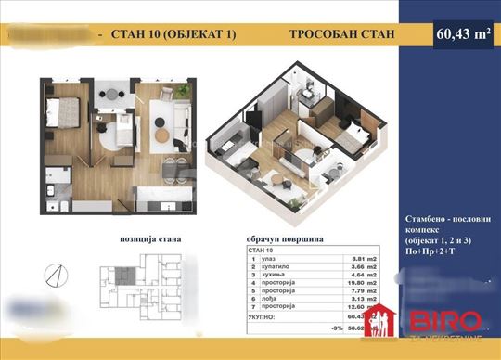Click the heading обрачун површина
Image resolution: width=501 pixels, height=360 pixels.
(x=283, y=239)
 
